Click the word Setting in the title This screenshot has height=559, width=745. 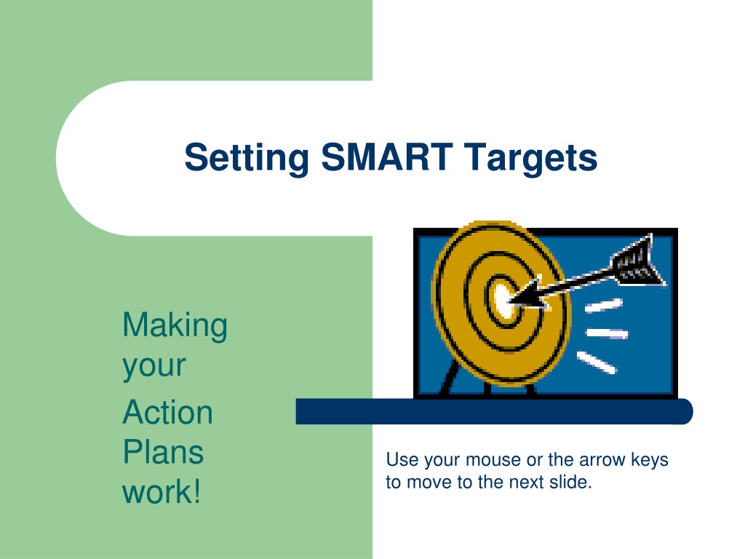(x=247, y=158)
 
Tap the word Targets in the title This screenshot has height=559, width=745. (x=530, y=158)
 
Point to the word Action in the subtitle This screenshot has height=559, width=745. (x=168, y=412)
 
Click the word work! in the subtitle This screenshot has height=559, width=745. (x=162, y=491)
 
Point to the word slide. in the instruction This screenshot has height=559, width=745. (x=570, y=482)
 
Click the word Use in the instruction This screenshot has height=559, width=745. (x=399, y=460)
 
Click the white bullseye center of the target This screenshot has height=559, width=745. (x=502, y=301)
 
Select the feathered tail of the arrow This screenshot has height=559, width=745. (x=637, y=262)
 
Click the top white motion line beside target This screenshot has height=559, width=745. (x=603, y=306)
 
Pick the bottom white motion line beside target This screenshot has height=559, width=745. (x=597, y=362)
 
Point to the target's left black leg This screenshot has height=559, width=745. (x=448, y=378)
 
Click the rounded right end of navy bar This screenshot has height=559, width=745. (x=684, y=411)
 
